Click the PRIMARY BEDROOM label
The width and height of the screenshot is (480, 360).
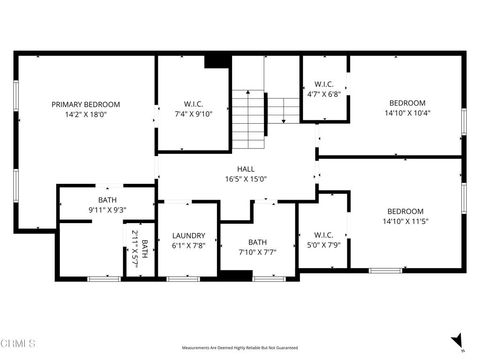[86, 104]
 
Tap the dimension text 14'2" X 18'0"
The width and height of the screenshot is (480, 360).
[86, 114]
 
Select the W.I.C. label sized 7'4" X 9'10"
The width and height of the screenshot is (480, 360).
[193, 104]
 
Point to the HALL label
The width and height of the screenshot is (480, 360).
[244, 169]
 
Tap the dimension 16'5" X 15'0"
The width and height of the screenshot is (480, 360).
[244, 179]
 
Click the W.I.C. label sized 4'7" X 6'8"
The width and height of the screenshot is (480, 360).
[324, 84]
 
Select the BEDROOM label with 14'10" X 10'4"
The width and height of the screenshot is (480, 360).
[407, 103]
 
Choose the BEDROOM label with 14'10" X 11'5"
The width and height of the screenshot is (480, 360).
[406, 211]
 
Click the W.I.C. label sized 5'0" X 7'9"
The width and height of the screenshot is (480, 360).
[322, 234]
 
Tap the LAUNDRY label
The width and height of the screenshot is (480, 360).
[188, 235]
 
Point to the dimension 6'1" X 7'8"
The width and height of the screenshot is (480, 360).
[188, 245]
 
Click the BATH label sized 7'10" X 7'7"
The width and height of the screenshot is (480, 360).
[258, 241]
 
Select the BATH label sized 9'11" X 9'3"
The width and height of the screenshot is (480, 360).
[107, 200]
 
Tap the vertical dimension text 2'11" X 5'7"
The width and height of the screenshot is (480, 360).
[135, 246]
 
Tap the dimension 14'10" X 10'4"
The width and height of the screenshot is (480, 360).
[407, 113]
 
